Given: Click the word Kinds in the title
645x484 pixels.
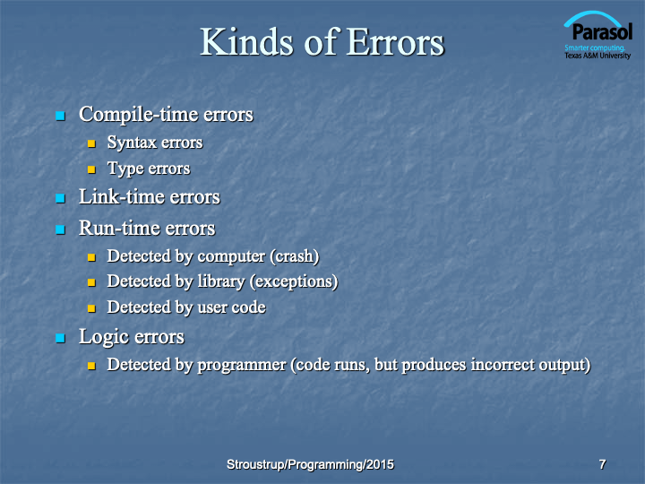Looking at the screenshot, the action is (x=246, y=41).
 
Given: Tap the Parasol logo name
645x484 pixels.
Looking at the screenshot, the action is (x=602, y=31).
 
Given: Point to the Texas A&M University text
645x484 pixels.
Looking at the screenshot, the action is (x=598, y=56).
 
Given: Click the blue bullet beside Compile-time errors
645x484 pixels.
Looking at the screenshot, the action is (x=61, y=116).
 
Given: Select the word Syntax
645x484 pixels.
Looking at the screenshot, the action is (x=132, y=143).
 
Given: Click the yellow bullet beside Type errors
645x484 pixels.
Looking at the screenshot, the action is (x=91, y=169).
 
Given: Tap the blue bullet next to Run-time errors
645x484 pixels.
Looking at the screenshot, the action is (x=61, y=229).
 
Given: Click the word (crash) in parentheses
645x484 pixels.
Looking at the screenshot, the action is (x=295, y=256).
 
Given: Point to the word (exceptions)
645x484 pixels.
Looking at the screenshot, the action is (x=294, y=282).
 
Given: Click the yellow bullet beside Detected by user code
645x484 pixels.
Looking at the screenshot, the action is (x=91, y=308).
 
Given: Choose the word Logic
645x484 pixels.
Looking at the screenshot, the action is (x=104, y=337).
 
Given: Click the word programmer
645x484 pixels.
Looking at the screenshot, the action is (x=242, y=365).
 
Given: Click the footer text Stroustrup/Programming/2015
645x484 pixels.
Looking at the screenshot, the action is (x=310, y=464).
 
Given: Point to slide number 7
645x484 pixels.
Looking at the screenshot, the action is (x=602, y=464).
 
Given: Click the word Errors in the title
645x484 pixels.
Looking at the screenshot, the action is (x=395, y=41).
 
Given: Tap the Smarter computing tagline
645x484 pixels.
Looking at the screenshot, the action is (x=595, y=48).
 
